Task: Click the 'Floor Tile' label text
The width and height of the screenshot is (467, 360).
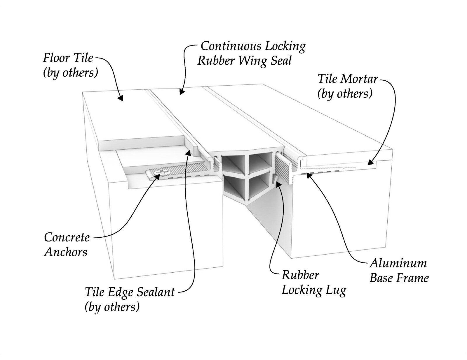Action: (x=68, y=58)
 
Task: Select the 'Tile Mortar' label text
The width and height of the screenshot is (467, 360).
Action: (x=348, y=79)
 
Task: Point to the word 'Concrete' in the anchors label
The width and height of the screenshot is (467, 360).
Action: (x=67, y=237)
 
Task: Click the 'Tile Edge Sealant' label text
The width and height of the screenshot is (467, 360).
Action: (x=130, y=292)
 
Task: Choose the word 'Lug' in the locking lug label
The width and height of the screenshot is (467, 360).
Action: (x=336, y=290)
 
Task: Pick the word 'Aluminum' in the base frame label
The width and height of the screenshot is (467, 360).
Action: (x=398, y=263)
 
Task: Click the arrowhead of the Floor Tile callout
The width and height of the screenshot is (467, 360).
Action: (x=121, y=98)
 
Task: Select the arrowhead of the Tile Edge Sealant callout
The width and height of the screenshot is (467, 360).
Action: (x=188, y=152)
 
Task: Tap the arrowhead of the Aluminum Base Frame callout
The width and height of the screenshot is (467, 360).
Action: (x=309, y=176)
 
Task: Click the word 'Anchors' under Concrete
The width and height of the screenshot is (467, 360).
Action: (x=66, y=252)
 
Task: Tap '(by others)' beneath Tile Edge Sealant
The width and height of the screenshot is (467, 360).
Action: (x=112, y=307)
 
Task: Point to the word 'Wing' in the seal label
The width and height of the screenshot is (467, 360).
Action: (x=252, y=61)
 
